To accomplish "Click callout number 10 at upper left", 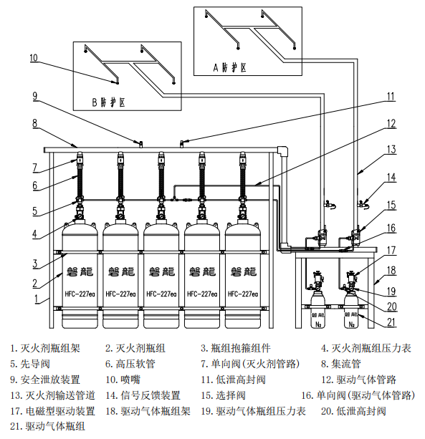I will coord(34,57).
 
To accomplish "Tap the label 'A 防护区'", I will coord(229,67).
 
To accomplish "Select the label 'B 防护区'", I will coord(110,102).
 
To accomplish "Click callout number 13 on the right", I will coord(391,150).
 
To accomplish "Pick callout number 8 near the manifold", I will coord(34,123).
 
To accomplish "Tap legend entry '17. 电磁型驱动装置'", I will coord(52,411).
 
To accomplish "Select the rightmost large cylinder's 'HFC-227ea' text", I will coord(242,294).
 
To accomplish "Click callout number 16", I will coord(391,228).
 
